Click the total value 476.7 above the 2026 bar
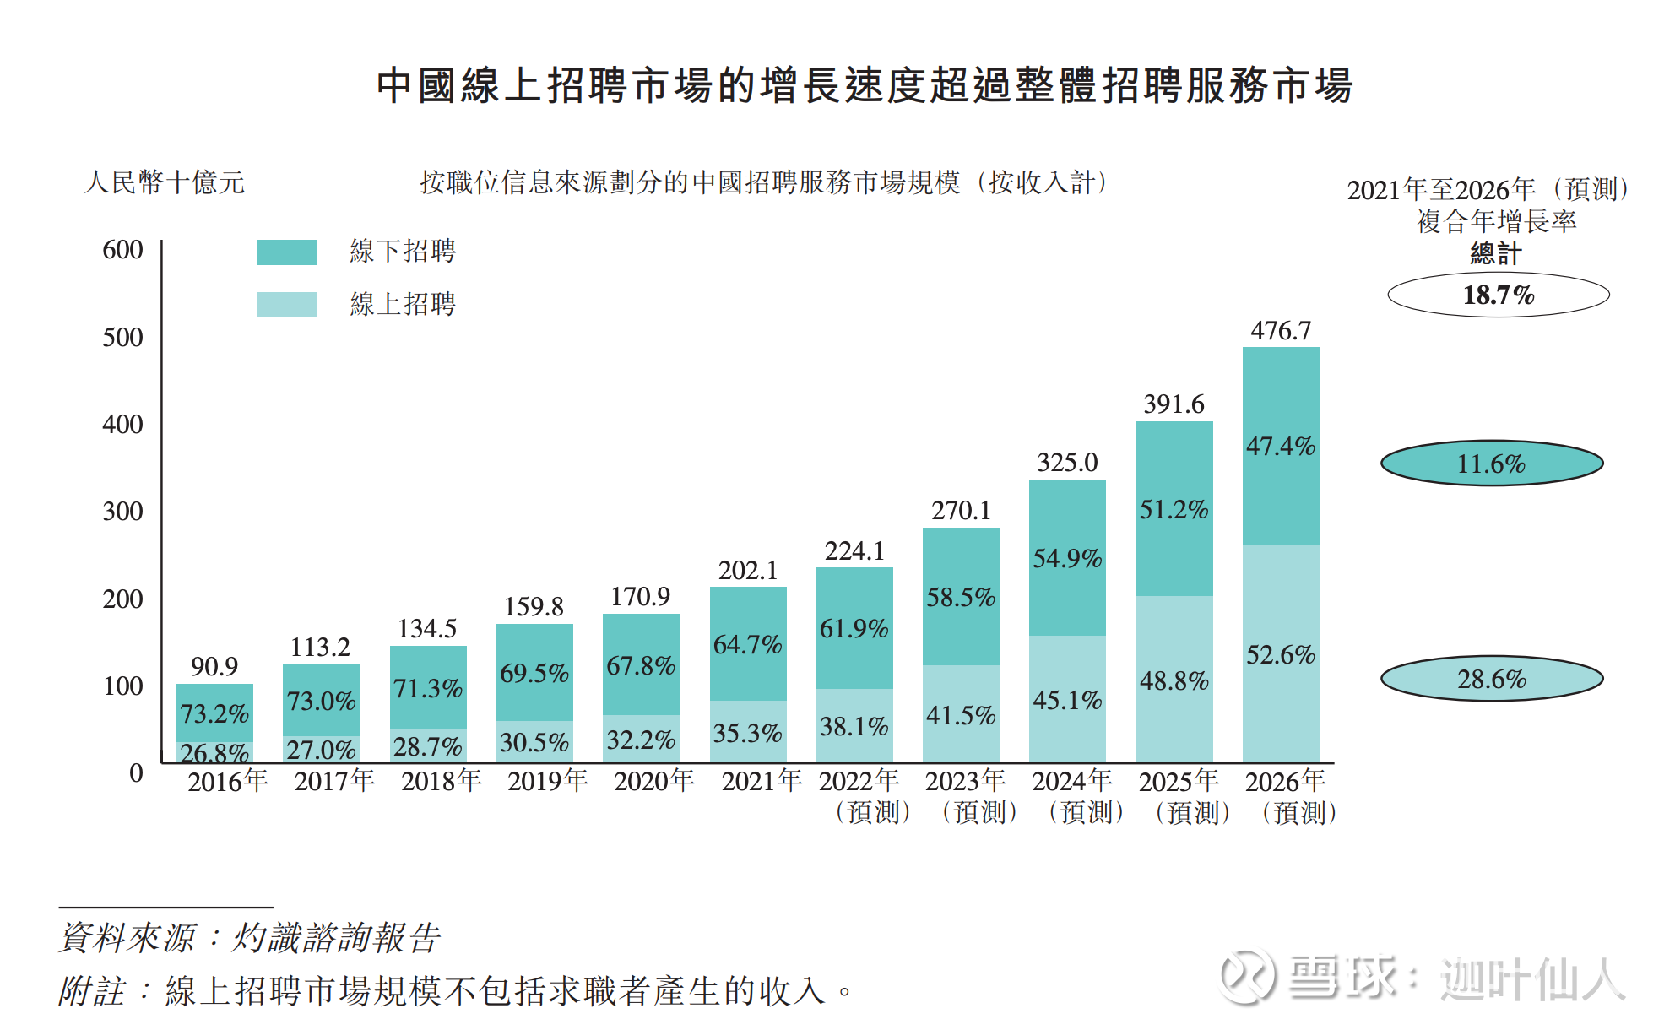click(x=1281, y=330)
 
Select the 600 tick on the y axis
click(x=122, y=250)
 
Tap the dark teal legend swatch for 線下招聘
click(x=286, y=252)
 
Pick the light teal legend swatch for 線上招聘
click(x=286, y=304)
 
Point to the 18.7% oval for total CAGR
click(x=1498, y=295)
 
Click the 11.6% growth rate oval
click(x=1491, y=463)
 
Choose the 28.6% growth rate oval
click(x=1491, y=679)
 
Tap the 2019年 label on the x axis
click(x=547, y=781)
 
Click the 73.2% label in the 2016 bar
click(x=214, y=713)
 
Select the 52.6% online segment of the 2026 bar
click(x=1281, y=654)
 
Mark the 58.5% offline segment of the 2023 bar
click(x=961, y=597)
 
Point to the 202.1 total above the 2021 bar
click(x=748, y=571)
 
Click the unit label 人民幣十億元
click(x=165, y=182)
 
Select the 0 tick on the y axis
click(x=136, y=772)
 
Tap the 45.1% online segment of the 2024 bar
click(x=1067, y=700)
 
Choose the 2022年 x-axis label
click(x=859, y=781)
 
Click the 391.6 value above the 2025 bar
click(x=1174, y=404)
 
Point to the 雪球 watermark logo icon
click(x=1247, y=978)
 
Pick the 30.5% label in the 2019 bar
click(x=534, y=742)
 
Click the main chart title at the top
click(x=865, y=86)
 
